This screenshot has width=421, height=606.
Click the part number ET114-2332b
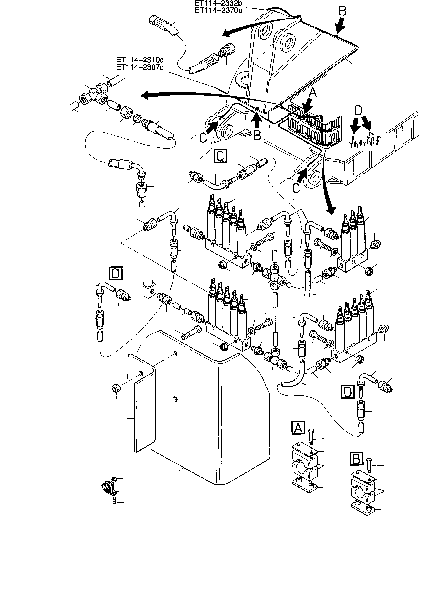pos(218,3)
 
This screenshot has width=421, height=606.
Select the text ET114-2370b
pos(218,10)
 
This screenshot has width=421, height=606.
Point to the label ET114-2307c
pos(140,67)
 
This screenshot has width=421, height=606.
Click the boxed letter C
pos(220,156)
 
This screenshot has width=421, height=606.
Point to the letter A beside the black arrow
pos(313,92)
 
